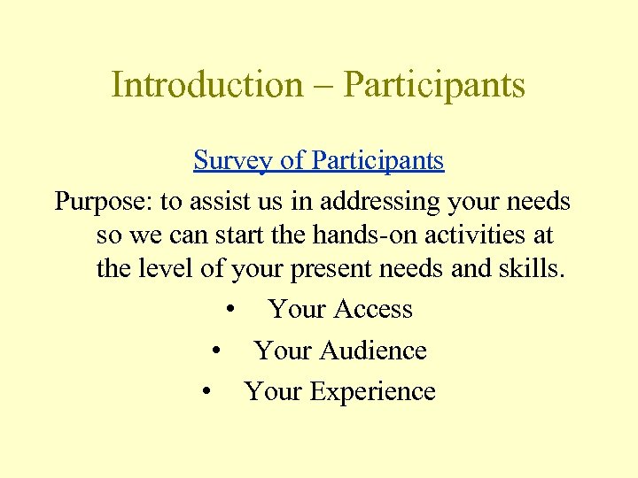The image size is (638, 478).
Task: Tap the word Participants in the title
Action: pos(433,86)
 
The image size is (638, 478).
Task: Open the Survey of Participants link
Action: pos(319,161)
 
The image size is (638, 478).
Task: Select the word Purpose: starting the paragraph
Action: pos(104,203)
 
